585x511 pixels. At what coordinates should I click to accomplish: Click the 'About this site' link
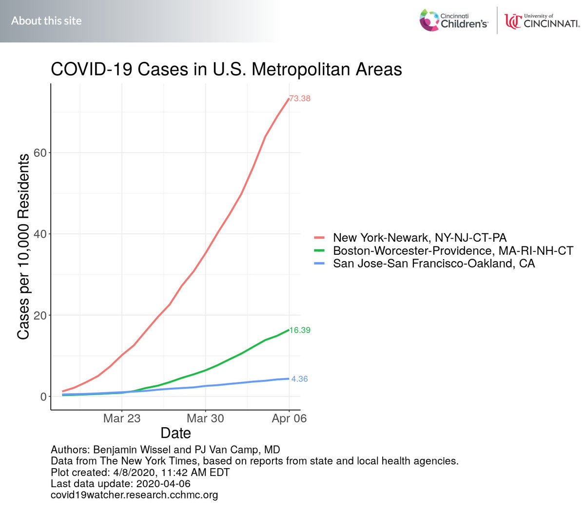pyautogui.click(x=46, y=21)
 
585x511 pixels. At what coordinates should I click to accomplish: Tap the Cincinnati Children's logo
pyautogui.click(x=453, y=20)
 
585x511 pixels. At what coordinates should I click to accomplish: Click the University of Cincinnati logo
pyautogui.click(x=542, y=21)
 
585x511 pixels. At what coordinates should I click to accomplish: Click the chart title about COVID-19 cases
pyautogui.click(x=226, y=69)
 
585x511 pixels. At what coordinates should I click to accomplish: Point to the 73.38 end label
pyautogui.click(x=300, y=98)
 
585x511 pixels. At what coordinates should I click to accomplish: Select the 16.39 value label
pyautogui.click(x=300, y=330)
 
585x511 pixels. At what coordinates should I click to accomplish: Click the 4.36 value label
pyautogui.click(x=299, y=379)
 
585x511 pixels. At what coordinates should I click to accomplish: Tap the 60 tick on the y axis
pyautogui.click(x=40, y=153)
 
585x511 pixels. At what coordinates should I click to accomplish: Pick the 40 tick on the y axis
pyautogui.click(x=40, y=234)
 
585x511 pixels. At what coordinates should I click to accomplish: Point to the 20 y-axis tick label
pyautogui.click(x=40, y=316)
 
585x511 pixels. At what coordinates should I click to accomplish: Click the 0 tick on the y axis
pyautogui.click(x=44, y=397)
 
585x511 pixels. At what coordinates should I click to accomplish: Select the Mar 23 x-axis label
pyautogui.click(x=122, y=418)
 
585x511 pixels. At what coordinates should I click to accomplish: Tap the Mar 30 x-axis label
pyautogui.click(x=205, y=418)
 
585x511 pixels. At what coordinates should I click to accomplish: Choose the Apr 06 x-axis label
pyautogui.click(x=289, y=418)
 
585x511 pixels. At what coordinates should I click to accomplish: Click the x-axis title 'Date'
pyautogui.click(x=175, y=433)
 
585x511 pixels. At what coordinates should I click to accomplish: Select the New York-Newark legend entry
pyautogui.click(x=419, y=238)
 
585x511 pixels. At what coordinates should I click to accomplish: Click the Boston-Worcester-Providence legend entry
pyautogui.click(x=453, y=251)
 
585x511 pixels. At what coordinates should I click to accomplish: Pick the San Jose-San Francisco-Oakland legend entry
pyautogui.click(x=433, y=264)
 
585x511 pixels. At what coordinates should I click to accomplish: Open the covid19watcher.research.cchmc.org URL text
pyautogui.click(x=134, y=495)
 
